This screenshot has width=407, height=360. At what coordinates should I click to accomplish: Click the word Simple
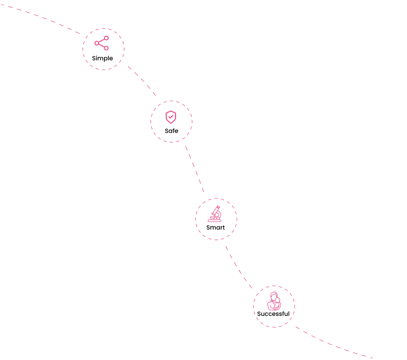(102, 58)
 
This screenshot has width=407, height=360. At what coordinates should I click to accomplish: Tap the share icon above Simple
(102, 43)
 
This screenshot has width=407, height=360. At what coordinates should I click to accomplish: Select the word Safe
(172, 131)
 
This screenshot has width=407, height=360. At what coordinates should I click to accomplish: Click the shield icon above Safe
(171, 117)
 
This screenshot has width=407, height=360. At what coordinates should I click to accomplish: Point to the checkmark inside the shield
(171, 117)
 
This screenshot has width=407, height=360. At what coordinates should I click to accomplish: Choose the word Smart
(215, 227)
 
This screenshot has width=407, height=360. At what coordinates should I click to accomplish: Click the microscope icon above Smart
(215, 214)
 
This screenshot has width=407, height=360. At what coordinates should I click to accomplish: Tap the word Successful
(273, 314)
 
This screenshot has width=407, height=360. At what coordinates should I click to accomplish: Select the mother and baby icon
(274, 301)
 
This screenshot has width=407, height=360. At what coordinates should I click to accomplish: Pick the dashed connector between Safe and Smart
(195, 168)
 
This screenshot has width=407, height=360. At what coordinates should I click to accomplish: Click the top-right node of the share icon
(106, 38)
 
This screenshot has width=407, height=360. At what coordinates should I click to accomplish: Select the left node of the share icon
(97, 43)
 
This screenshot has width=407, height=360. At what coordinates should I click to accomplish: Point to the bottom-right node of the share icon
(106, 48)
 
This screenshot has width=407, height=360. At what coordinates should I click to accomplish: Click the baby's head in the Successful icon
(278, 300)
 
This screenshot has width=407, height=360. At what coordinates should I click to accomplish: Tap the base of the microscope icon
(214, 220)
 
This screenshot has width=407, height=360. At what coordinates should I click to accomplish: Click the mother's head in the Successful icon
(274, 295)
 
